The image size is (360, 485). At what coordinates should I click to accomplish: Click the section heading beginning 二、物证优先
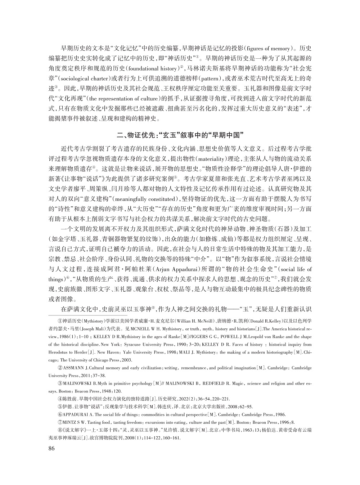(x=180, y=135)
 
